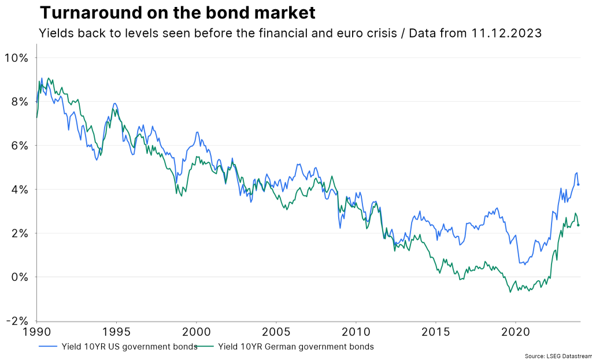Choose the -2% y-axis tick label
pyautogui.click(x=16, y=321)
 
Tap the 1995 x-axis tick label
pyautogui.click(x=116, y=333)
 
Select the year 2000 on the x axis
pyautogui.click(x=196, y=333)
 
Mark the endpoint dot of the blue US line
pyautogui.click(x=578, y=184)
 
